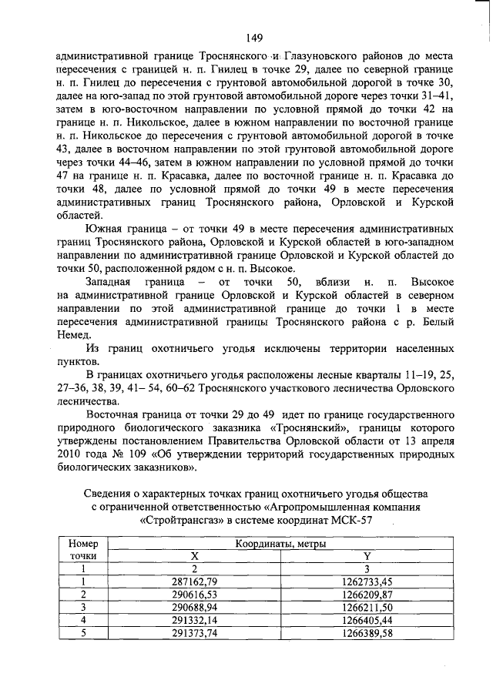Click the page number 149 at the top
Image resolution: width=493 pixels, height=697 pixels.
pyautogui.click(x=255, y=37)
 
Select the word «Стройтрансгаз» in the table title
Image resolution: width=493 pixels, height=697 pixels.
pyautogui.click(x=184, y=520)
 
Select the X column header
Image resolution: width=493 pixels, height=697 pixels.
pyautogui.click(x=195, y=556)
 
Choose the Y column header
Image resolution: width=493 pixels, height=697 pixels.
pyautogui.click(x=365, y=556)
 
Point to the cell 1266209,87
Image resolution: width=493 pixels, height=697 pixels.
pyautogui.click(x=365, y=595)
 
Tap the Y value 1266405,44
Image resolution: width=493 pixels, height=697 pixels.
pyautogui.click(x=365, y=621)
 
